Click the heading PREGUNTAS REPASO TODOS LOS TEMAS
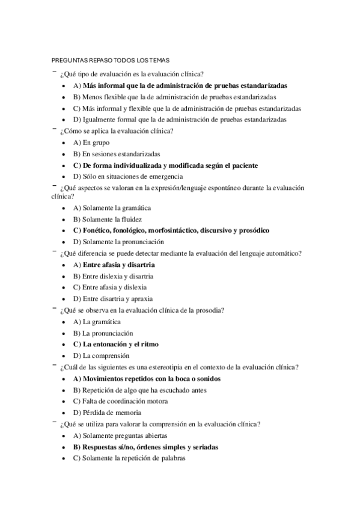(111, 60)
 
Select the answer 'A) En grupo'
(92, 143)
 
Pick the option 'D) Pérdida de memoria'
(107, 413)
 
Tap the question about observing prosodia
(142, 310)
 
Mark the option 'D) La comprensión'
(102, 356)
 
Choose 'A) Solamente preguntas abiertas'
(120, 435)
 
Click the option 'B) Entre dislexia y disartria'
(113, 276)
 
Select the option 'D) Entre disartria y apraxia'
(112, 299)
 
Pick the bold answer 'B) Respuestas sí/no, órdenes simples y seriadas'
(145, 447)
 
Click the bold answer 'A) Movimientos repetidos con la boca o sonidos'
(147, 379)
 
